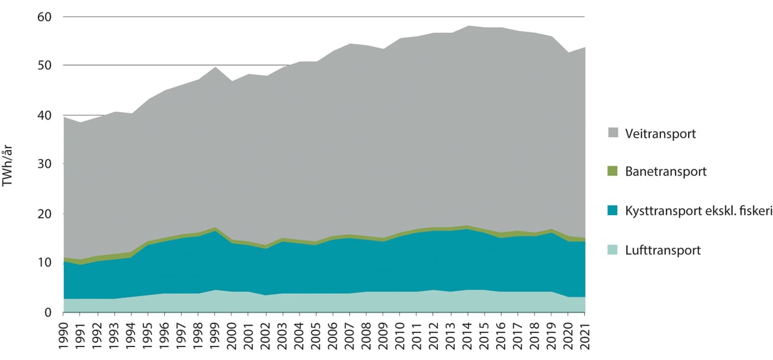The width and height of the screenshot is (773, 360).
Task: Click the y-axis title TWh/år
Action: point(9,164)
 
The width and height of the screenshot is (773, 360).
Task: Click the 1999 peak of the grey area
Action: point(216,68)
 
